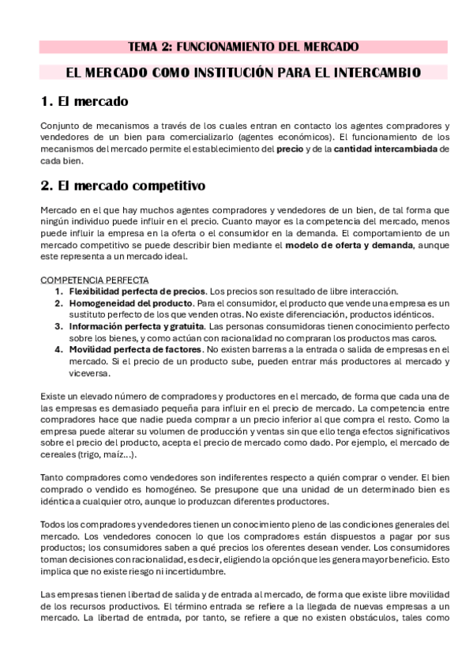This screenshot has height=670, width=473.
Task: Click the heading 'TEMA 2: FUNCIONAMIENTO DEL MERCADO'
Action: pyautogui.click(x=243, y=47)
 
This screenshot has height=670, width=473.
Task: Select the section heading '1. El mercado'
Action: pyautogui.click(x=84, y=102)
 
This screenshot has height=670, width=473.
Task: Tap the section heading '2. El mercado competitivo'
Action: pyautogui.click(x=122, y=186)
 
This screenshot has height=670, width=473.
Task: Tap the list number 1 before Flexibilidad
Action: pyautogui.click(x=58, y=291)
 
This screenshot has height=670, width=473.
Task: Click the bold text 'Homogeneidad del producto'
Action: pyautogui.click(x=130, y=303)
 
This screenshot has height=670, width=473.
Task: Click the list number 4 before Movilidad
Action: pyautogui.click(x=58, y=348)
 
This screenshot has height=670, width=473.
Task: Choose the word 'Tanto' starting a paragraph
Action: pyautogui.click(x=52, y=478)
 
